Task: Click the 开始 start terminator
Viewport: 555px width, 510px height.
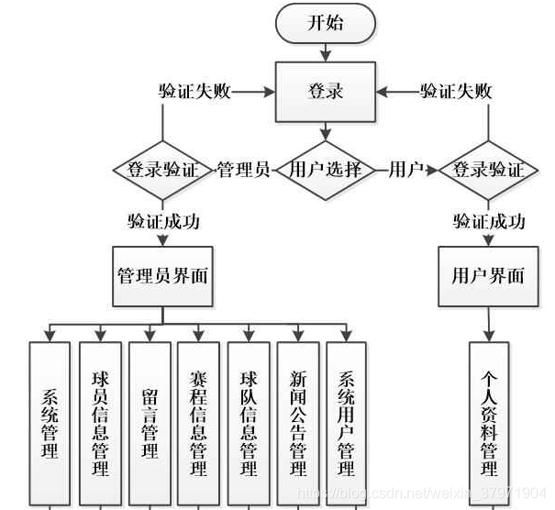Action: click(326, 23)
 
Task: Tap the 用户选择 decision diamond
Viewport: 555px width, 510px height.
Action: click(326, 170)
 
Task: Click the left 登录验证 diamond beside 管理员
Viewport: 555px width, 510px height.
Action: click(162, 170)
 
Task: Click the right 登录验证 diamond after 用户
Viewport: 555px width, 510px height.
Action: click(489, 170)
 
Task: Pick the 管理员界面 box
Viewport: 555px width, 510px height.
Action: click(162, 275)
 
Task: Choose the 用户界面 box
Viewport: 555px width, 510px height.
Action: click(489, 275)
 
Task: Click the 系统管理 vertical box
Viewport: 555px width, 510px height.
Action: click(50, 422)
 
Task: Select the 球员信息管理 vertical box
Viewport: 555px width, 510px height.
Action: click(99, 422)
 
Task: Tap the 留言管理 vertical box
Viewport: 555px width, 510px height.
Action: click(149, 422)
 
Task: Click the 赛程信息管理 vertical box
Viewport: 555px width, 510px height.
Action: click(198, 422)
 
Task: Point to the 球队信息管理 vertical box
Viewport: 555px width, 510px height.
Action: click(248, 422)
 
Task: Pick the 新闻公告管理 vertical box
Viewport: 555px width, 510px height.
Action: click(297, 422)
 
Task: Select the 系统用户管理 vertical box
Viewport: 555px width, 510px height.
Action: click(347, 422)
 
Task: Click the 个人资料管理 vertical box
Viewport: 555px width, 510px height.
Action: click(489, 422)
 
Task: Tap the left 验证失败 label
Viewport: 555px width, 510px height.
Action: click(194, 92)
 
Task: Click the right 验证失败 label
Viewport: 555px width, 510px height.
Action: click(456, 92)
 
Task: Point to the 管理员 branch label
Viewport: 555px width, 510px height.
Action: click(242, 170)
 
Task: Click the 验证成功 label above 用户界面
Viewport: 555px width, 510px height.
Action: click(489, 221)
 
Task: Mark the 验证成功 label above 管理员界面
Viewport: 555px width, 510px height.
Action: click(163, 221)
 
